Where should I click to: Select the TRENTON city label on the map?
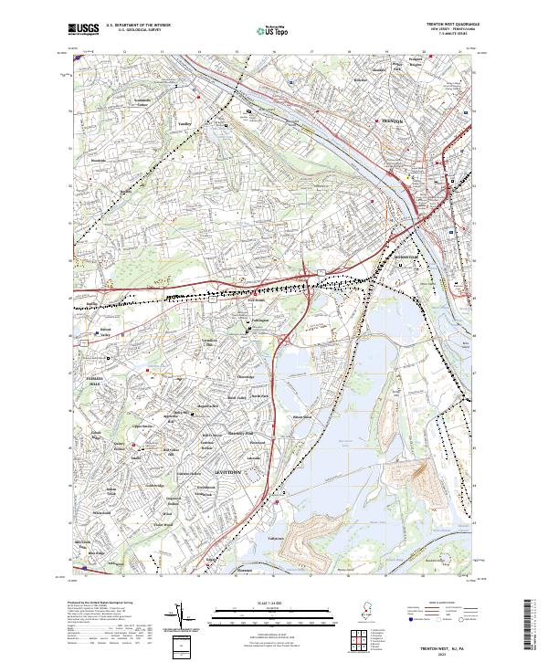pyautogui.click(x=391, y=121)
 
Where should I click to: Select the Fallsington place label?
pyautogui.click(x=258, y=320)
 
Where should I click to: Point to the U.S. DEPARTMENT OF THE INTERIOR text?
pyautogui.click(x=138, y=26)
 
